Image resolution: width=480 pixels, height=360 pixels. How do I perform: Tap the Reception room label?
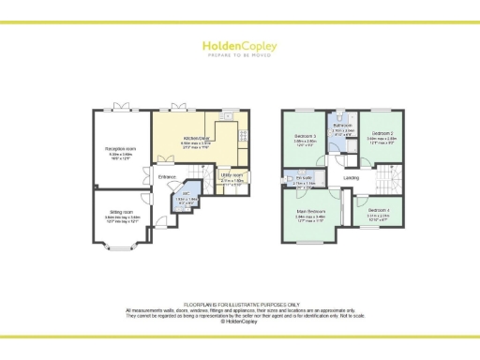point(121,148)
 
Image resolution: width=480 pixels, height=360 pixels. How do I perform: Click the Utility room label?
point(232,174)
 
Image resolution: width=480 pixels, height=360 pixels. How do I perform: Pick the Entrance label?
point(167,176)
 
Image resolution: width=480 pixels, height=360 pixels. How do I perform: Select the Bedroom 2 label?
point(378,135)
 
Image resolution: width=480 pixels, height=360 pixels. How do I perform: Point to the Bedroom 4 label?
point(380,209)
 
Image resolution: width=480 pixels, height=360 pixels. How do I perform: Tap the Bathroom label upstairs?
point(341,126)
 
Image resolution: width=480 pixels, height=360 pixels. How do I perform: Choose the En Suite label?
point(303,178)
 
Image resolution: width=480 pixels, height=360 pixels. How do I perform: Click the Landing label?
point(352,177)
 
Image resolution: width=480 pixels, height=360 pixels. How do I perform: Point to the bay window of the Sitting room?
point(120,250)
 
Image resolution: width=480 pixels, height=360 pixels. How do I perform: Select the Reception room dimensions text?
point(121,157)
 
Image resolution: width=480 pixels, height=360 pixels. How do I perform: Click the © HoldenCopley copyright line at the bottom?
point(239,322)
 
